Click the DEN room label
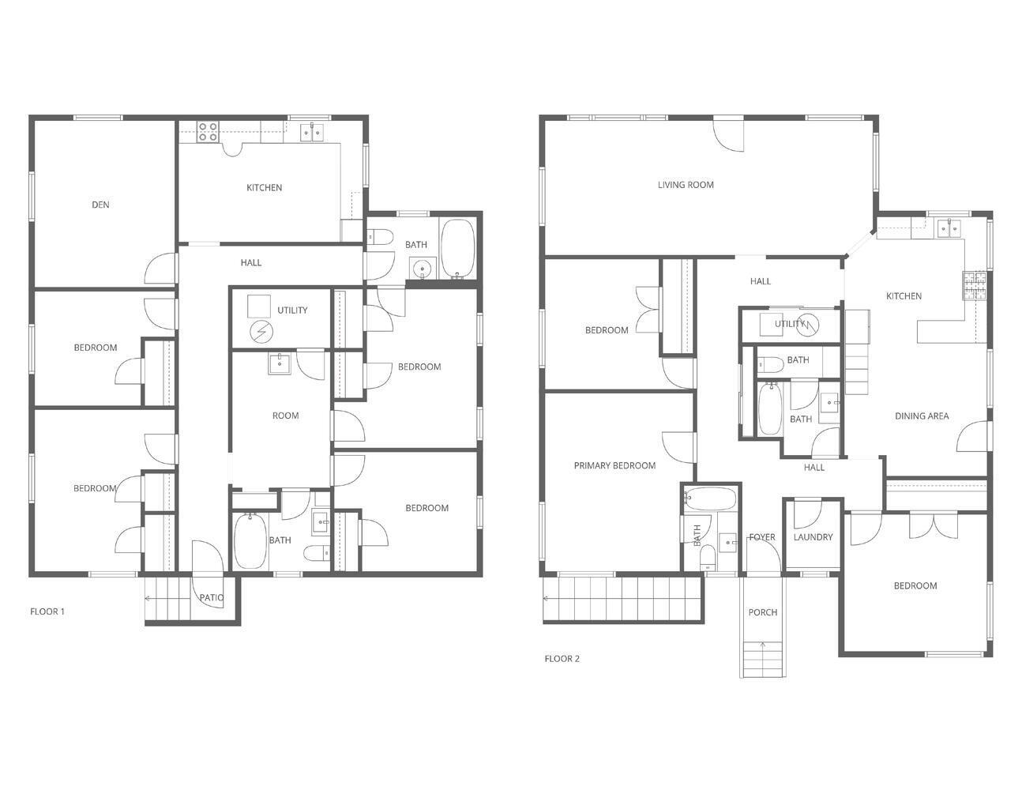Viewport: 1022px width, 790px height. tap(100, 205)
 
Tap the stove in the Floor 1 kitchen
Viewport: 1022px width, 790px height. tap(208, 130)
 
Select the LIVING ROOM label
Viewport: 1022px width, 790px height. tap(686, 185)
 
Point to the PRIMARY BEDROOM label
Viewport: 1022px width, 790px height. tap(614, 465)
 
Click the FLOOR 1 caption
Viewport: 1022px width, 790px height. tap(47, 611)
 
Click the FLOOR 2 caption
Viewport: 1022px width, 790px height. tap(562, 659)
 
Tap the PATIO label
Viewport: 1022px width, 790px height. tap(211, 598)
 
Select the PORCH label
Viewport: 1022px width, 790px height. tap(762, 612)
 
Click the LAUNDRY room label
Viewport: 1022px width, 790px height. tap(813, 537)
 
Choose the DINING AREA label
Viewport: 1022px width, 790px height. tap(922, 416)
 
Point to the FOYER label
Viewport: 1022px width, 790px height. tap(762, 537)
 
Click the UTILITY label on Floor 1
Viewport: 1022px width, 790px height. tap(292, 310)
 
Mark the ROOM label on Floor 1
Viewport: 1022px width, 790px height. tap(285, 416)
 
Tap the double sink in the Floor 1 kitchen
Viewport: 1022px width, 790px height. tap(311, 131)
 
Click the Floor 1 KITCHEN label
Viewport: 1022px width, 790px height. tap(264, 188)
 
